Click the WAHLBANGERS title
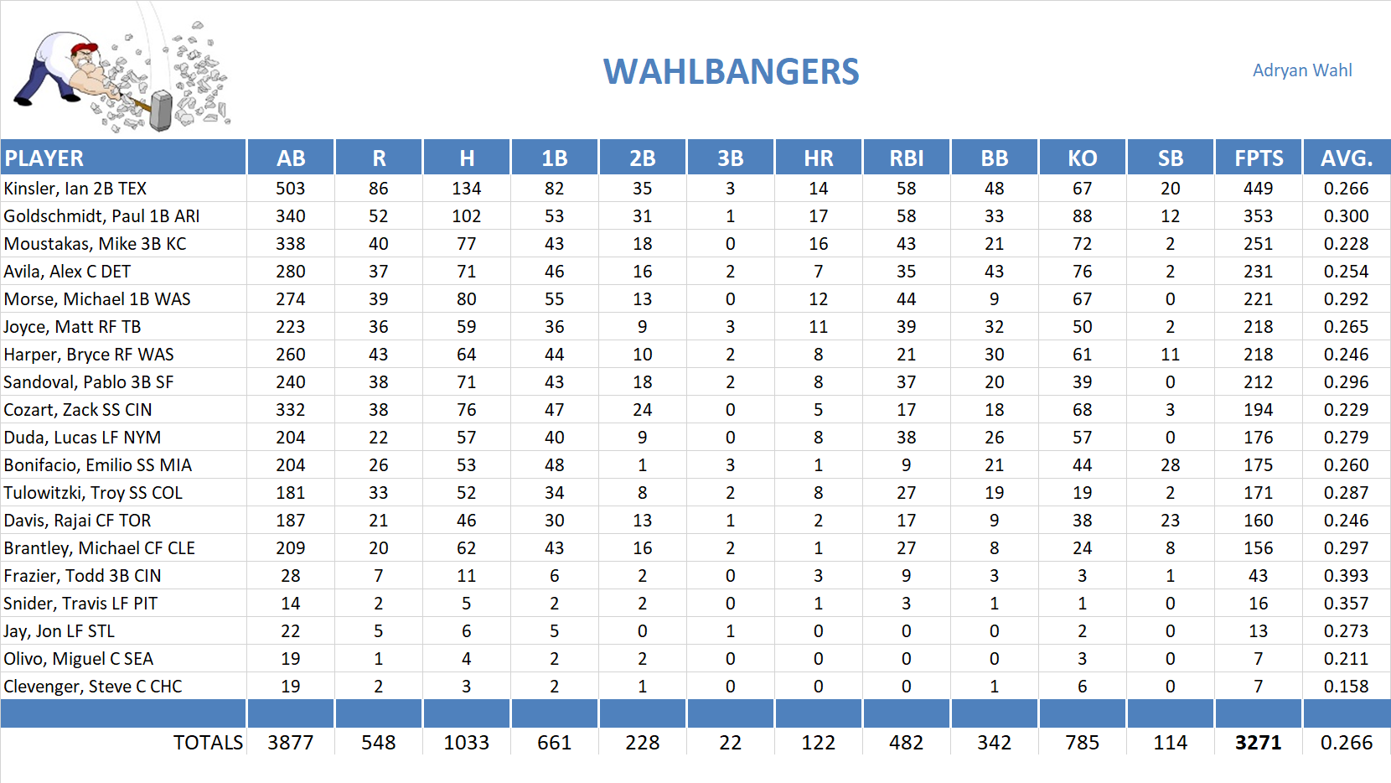[x=731, y=72]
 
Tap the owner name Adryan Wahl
[x=1301, y=70]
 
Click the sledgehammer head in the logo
[x=161, y=111]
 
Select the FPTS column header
[x=1258, y=158]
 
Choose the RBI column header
[x=906, y=158]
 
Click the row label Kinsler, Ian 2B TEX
[x=75, y=189]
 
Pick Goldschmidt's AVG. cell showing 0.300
[x=1345, y=216]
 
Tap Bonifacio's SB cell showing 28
[x=1170, y=465]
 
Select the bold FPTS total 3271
[x=1258, y=743]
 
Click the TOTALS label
[x=208, y=743]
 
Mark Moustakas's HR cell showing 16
[x=818, y=244]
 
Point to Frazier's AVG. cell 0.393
[x=1345, y=576]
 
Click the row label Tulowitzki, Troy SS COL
[x=93, y=493]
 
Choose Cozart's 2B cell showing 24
[x=642, y=410]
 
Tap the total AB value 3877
[x=290, y=743]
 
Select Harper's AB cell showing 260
[x=290, y=355]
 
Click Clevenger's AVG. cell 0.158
[x=1345, y=687]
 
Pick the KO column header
[x=1082, y=158]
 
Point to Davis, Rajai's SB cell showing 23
[x=1170, y=521]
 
